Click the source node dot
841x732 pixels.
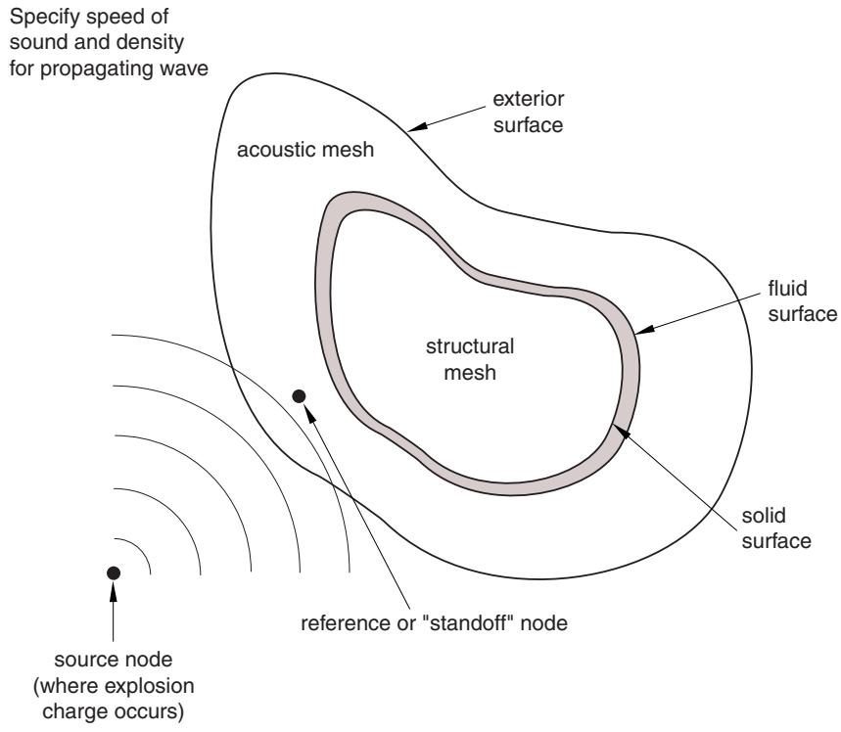tap(114, 572)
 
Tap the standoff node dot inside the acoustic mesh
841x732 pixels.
tap(299, 396)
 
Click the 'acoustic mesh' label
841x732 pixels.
tap(305, 150)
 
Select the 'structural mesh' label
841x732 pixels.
tap(470, 359)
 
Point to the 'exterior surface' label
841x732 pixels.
tap(529, 113)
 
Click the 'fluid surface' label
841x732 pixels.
tap(802, 300)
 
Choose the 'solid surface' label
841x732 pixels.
tap(776, 528)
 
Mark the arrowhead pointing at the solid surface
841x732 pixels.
tap(620, 432)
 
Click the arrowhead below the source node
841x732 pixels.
tap(114, 591)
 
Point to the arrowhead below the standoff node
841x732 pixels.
tap(308, 414)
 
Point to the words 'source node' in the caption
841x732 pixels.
tap(114, 660)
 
